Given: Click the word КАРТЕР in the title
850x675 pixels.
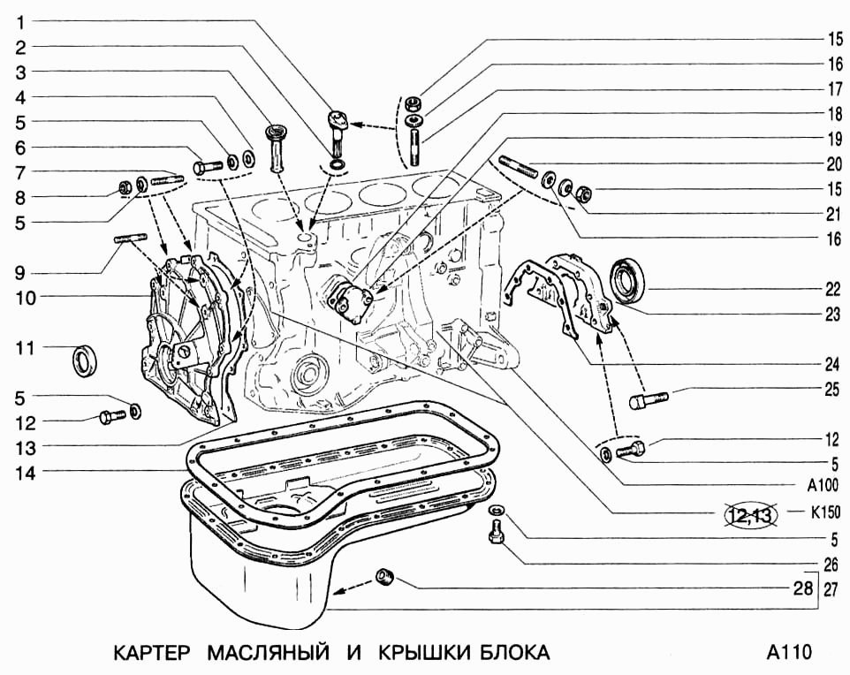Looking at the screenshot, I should click(x=152, y=653).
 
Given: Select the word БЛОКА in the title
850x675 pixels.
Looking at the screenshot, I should click(x=514, y=653).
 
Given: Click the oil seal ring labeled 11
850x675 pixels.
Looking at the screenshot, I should click(x=85, y=360).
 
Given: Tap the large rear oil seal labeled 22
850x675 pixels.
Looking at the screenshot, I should click(x=628, y=278).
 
